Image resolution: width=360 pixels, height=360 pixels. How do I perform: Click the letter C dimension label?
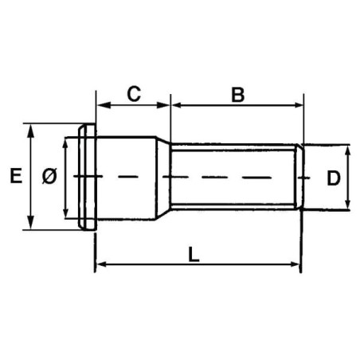(134, 94)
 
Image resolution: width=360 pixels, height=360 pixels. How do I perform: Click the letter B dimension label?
(238, 95)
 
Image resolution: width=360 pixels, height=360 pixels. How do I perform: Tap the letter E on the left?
(16, 176)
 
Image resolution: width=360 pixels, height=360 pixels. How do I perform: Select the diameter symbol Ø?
(49, 176)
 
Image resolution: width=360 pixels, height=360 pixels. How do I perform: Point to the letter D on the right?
(334, 178)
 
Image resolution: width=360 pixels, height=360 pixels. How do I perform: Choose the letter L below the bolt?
(194, 254)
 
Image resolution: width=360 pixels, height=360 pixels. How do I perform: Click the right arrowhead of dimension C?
(163, 105)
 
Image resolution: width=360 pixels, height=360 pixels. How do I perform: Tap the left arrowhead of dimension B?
(178, 105)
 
